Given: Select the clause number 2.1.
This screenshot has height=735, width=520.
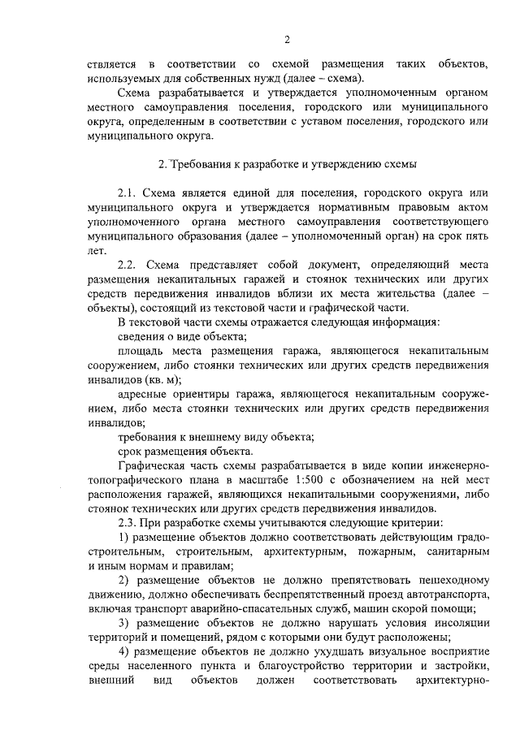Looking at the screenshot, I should (x=128, y=193).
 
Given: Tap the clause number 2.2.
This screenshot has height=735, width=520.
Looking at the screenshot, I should (x=128, y=266).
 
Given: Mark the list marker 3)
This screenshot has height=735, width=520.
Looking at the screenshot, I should (x=123, y=623).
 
